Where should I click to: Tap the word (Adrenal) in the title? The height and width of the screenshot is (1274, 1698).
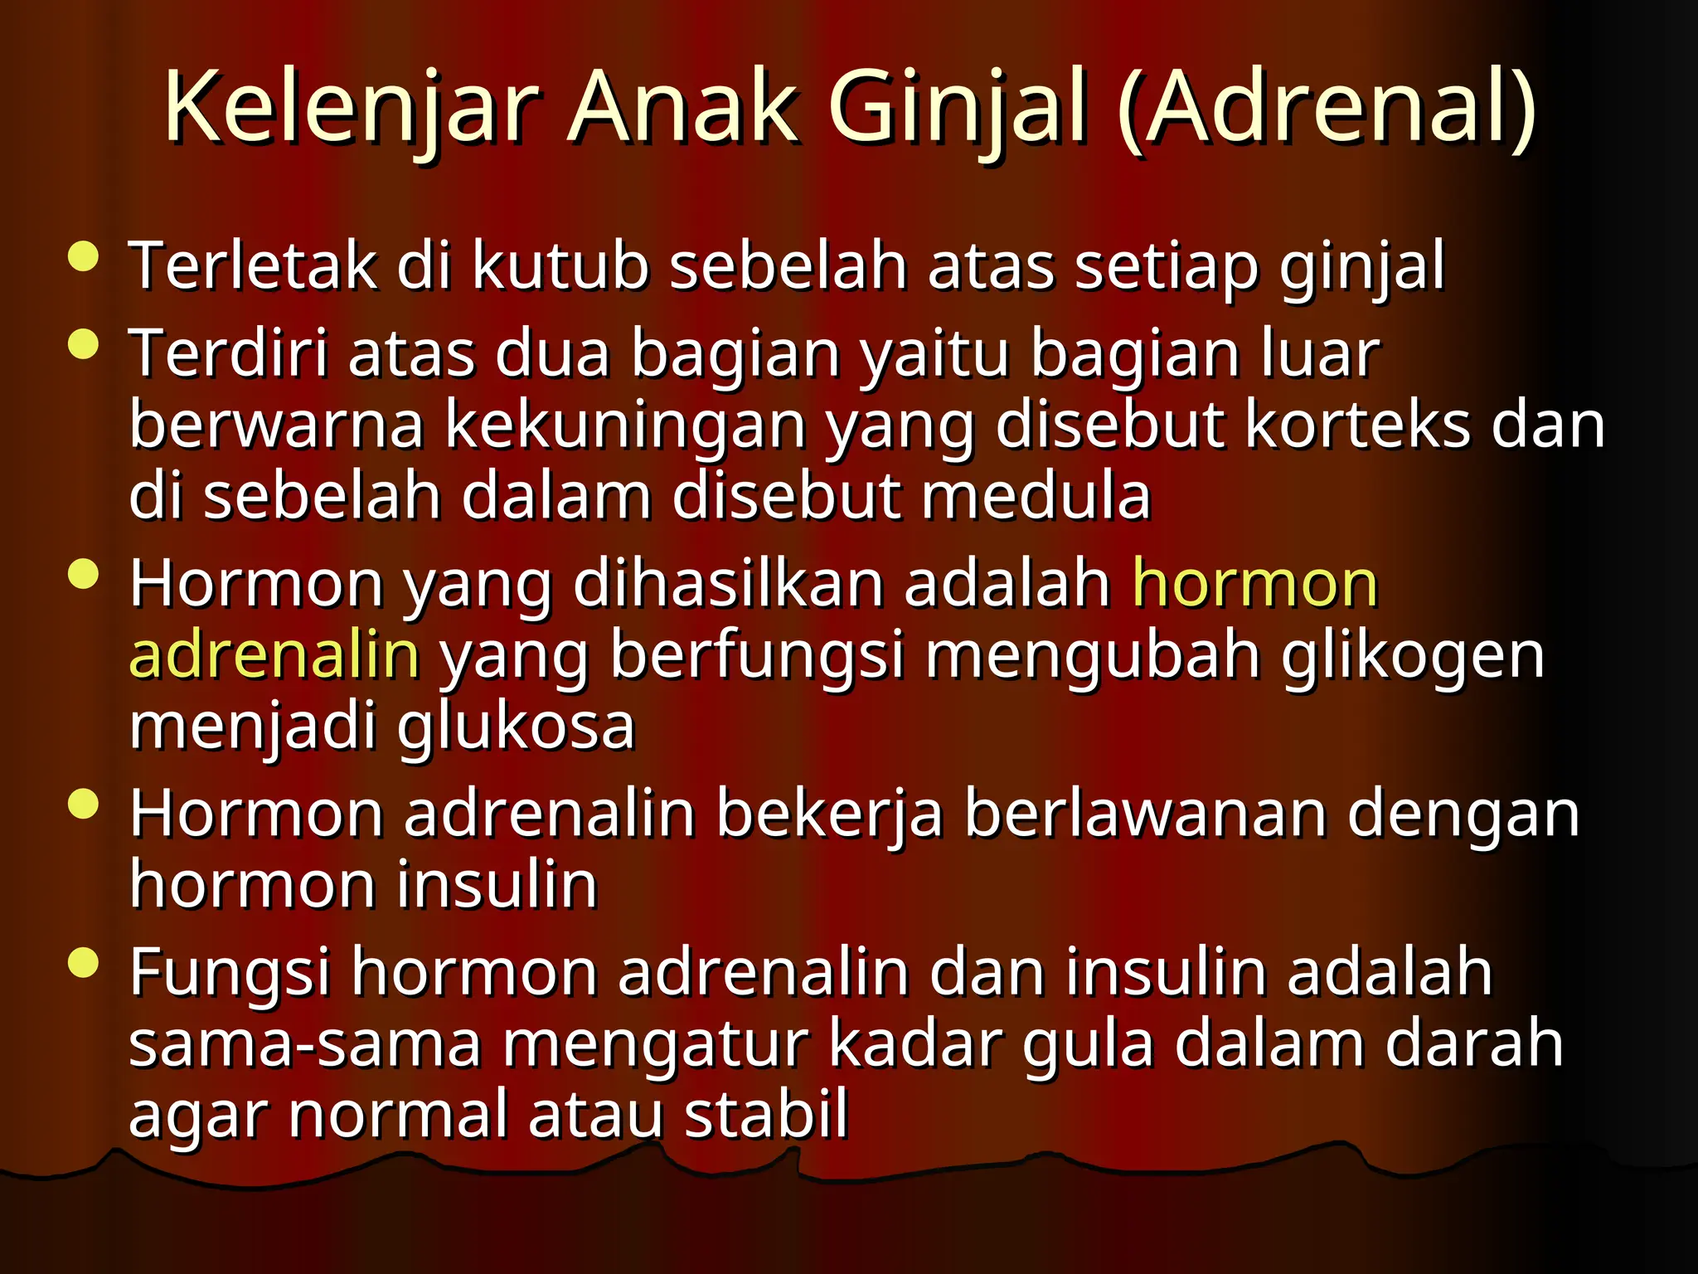[x=1327, y=109]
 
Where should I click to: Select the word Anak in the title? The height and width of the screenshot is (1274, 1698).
[x=682, y=109]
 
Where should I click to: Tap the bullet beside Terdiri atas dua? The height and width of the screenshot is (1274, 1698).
[x=83, y=343]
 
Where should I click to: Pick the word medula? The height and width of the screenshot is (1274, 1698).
[x=1036, y=496]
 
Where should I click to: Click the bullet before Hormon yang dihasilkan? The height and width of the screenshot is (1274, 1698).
[x=83, y=573]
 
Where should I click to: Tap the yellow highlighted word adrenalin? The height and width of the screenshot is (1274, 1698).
[x=274, y=655]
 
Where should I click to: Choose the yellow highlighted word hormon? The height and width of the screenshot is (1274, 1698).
[x=1254, y=584]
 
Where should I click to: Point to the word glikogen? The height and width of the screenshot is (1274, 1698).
[x=1413, y=655]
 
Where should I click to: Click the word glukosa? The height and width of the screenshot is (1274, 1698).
[x=515, y=727]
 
